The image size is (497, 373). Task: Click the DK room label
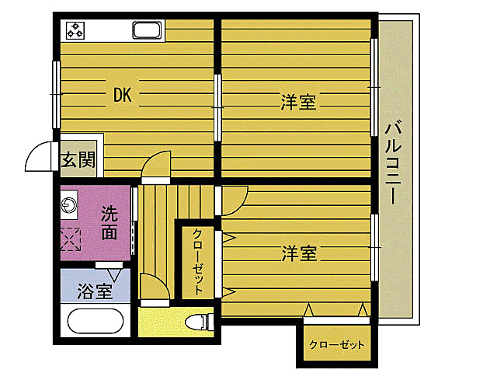(122, 96)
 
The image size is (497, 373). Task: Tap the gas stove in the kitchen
(76, 30)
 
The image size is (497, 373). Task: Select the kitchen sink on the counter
(147, 31)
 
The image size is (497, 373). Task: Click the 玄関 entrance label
(78, 161)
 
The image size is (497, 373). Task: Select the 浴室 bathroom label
(95, 291)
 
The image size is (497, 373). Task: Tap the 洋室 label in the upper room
(298, 102)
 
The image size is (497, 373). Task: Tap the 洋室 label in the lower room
(298, 253)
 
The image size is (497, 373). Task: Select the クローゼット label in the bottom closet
(335, 344)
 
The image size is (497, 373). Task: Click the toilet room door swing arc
(153, 289)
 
